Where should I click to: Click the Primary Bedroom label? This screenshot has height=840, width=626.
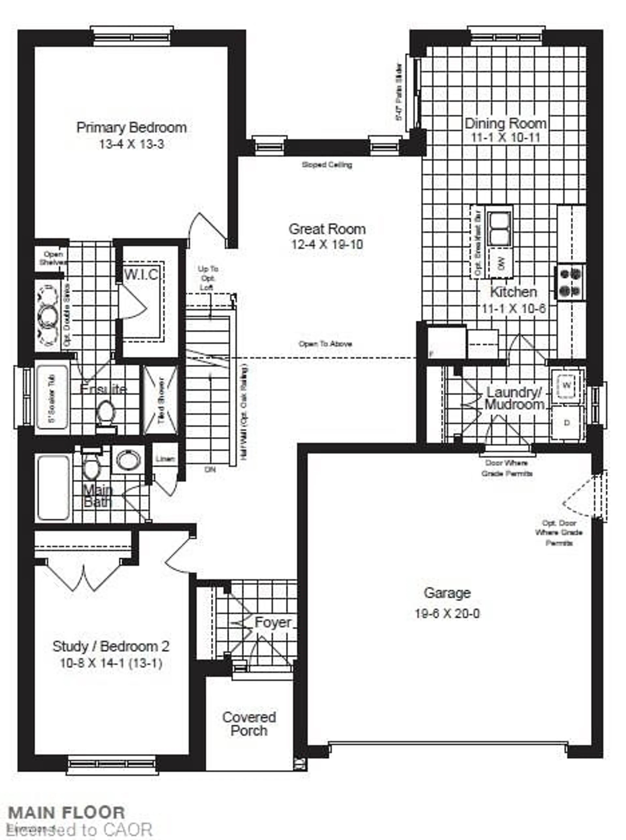point(132,127)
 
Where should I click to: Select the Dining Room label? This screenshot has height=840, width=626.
point(506,124)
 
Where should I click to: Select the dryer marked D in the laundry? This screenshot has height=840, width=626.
point(566,423)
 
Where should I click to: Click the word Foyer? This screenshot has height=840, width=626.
point(273,622)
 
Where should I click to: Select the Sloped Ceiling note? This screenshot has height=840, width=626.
point(327,165)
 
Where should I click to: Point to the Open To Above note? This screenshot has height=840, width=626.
point(325,344)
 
